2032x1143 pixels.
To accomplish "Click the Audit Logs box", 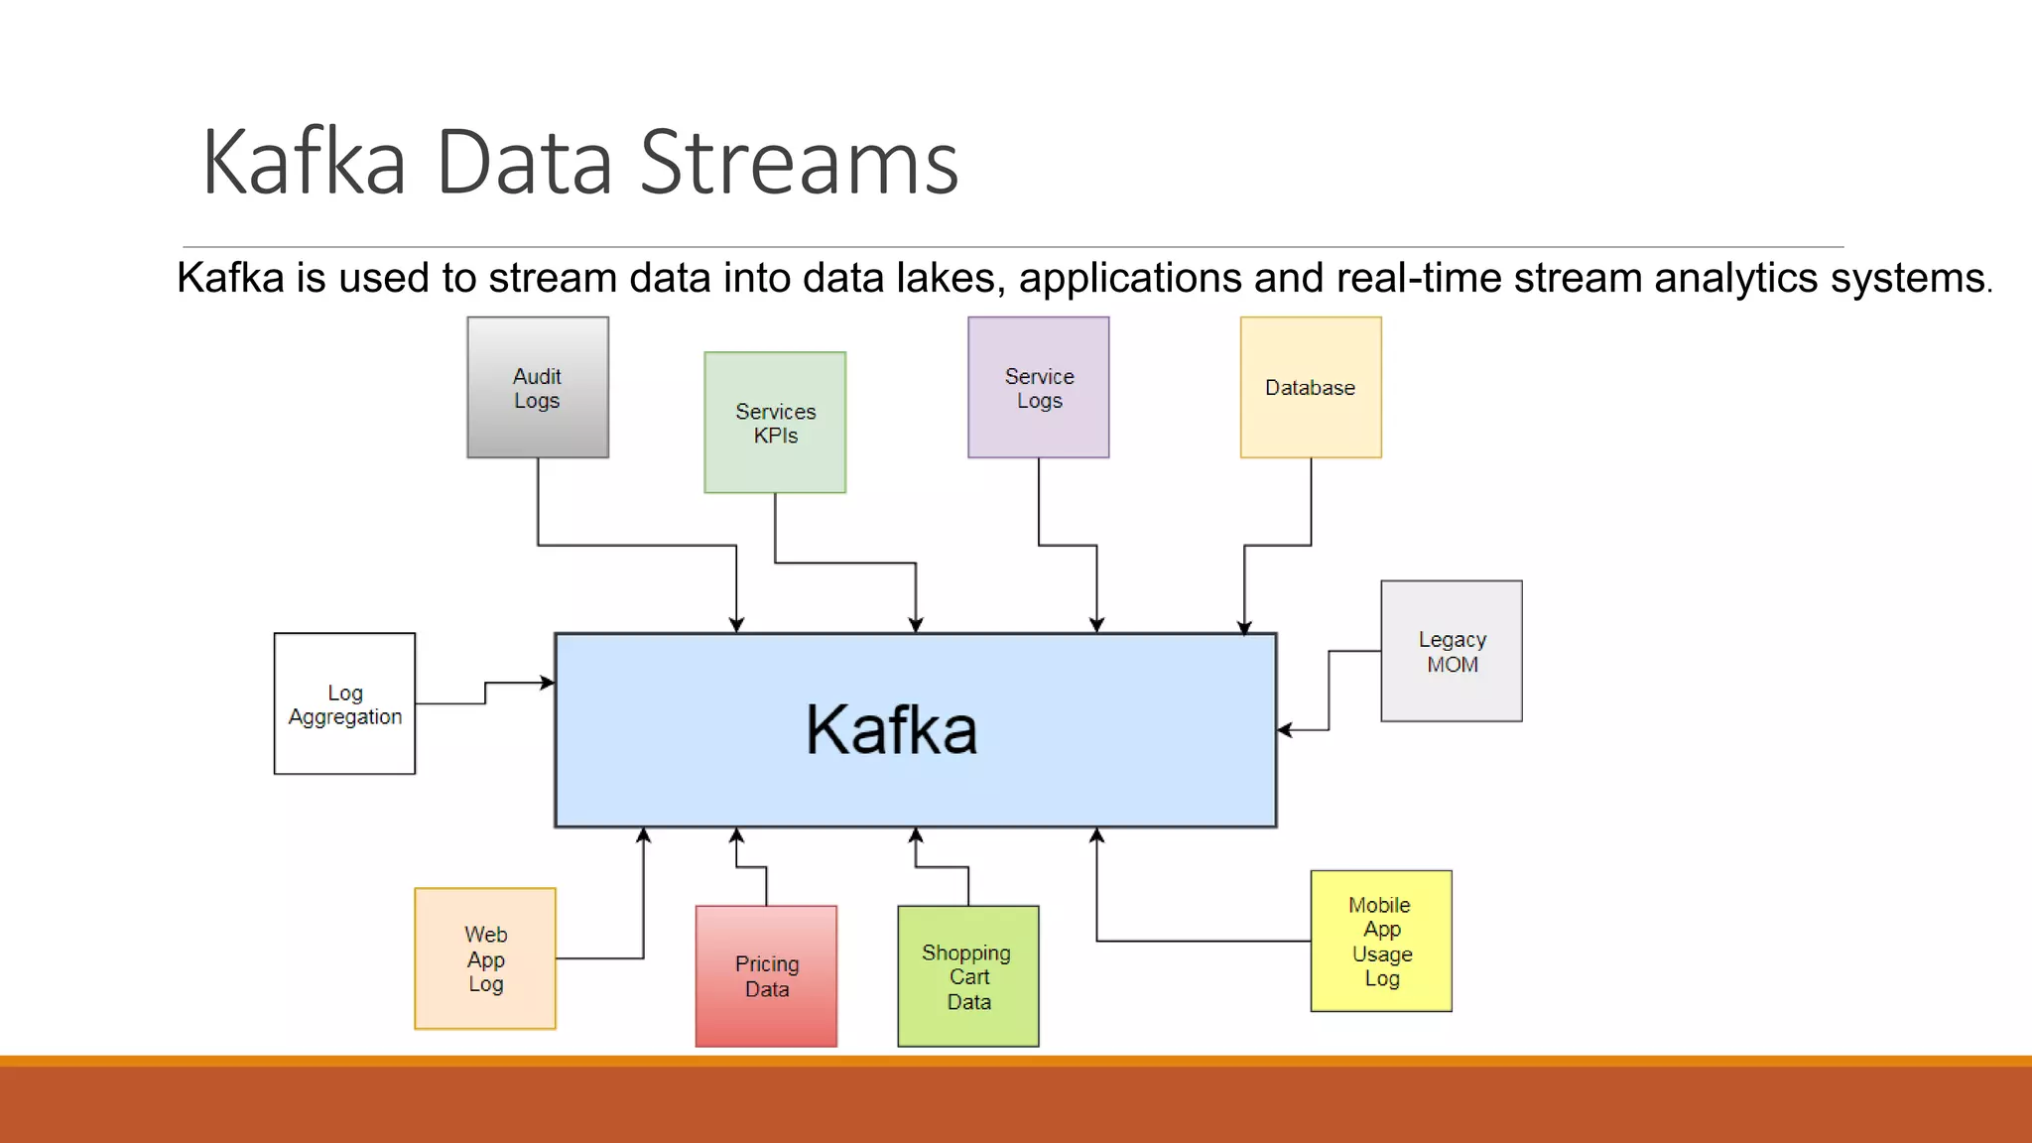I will pyautogui.click(x=538, y=388).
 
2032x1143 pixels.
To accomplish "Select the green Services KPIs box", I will pyautogui.click(x=775, y=423).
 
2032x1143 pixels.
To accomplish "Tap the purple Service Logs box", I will pyautogui.click(x=1039, y=388).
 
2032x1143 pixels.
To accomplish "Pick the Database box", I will pyautogui.click(x=1311, y=388).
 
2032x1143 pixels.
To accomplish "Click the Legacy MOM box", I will pyautogui.click(x=1452, y=652).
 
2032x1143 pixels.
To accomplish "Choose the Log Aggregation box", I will pyautogui.click(x=344, y=704).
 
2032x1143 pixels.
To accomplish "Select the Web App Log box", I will pyautogui.click(x=485, y=958).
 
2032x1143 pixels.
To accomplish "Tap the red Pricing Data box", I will pyautogui.click(x=766, y=976).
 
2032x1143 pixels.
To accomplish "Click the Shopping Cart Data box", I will pyautogui.click(x=968, y=976).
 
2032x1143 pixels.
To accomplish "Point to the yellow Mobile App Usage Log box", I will pyautogui.click(x=1381, y=942).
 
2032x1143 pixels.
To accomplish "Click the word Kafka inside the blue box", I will pyautogui.click(x=891, y=730).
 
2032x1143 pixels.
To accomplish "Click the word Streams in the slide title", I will pyautogui.click(x=799, y=163).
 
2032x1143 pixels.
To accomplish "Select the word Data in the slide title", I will pyautogui.click(x=523, y=163).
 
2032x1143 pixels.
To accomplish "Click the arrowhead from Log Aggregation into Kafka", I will pyautogui.click(x=548, y=683).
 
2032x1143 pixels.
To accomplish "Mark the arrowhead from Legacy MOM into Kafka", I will pyautogui.click(x=1285, y=730).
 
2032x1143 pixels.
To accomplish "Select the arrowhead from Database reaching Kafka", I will pyautogui.click(x=1244, y=627).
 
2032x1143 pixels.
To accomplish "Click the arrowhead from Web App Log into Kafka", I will pyautogui.click(x=644, y=835).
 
